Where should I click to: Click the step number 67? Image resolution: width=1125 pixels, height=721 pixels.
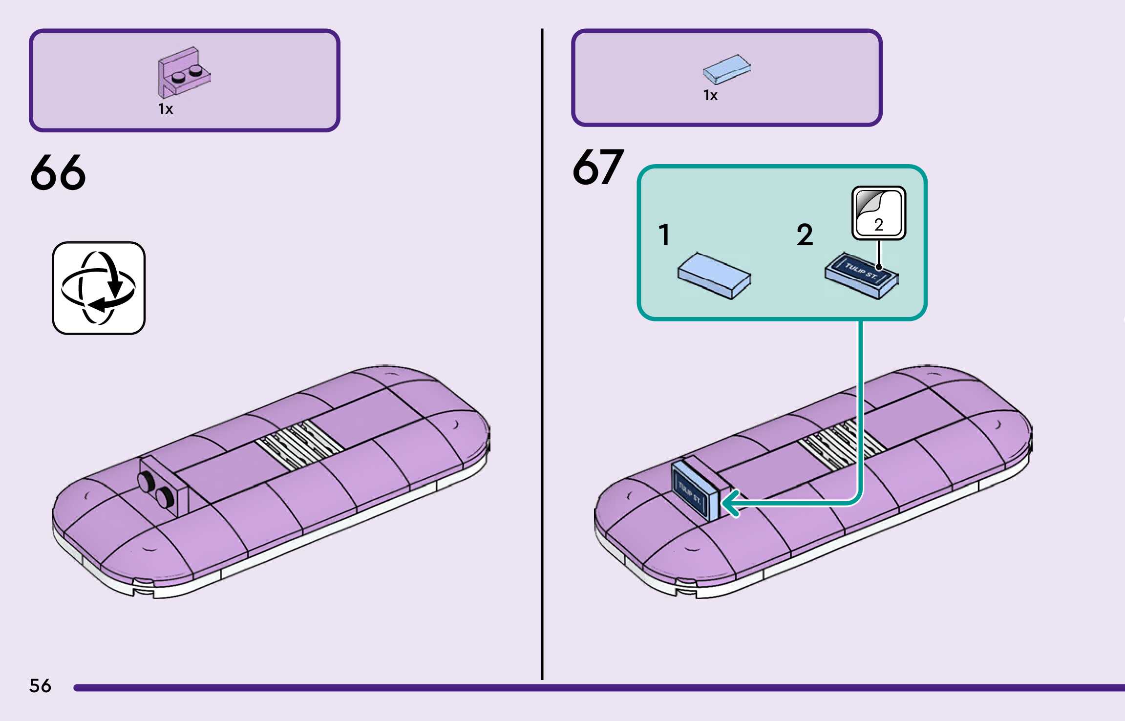598,168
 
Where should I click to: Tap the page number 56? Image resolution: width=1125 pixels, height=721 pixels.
40,686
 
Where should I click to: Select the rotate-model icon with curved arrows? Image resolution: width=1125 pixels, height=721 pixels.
99,288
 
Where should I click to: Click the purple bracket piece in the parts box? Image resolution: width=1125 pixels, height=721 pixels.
184,73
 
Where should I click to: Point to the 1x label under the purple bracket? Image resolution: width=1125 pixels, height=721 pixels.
166,109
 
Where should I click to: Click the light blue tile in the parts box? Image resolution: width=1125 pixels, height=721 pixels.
726,69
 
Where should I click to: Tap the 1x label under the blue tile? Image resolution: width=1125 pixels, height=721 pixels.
710,95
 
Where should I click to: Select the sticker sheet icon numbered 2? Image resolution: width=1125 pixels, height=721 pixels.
879,213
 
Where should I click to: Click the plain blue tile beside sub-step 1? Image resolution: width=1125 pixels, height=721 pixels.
714,276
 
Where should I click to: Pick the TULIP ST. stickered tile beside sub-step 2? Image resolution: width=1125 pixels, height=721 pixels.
861,276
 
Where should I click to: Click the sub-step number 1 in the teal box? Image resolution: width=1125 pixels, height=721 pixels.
664,234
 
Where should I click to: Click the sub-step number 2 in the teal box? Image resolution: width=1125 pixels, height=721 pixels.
805,234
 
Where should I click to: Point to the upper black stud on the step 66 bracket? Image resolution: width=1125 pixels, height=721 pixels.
146,481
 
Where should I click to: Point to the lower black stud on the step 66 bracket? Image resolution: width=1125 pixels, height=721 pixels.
164,497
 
